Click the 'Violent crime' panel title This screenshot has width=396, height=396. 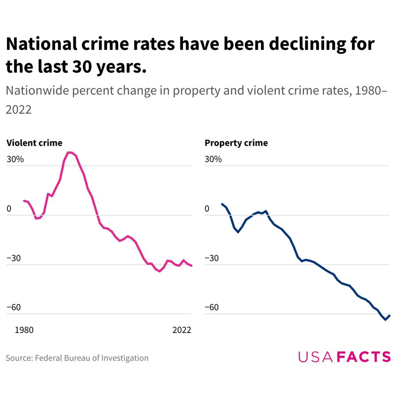[x=34, y=143]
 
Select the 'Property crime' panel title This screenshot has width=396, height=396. [x=236, y=143]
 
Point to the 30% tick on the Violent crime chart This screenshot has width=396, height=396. [x=15, y=159]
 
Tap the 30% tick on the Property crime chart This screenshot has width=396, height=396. [x=213, y=159]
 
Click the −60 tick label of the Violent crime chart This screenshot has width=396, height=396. [x=14, y=307]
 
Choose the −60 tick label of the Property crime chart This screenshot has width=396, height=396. [x=212, y=307]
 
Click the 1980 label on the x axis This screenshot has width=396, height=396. [x=24, y=330]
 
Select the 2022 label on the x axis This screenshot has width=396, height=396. [x=182, y=330]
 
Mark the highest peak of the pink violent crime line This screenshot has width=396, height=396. [x=69, y=152]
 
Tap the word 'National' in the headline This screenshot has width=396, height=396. [x=41, y=44]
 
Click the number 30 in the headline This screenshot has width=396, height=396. [x=82, y=67]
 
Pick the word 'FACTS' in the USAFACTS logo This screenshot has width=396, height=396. [x=364, y=357]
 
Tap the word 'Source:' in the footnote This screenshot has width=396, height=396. [x=19, y=358]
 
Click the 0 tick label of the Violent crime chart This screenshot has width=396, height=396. [x=9, y=209]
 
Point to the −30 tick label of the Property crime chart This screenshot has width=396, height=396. [x=212, y=258]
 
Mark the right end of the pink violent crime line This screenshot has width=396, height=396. [x=191, y=266]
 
